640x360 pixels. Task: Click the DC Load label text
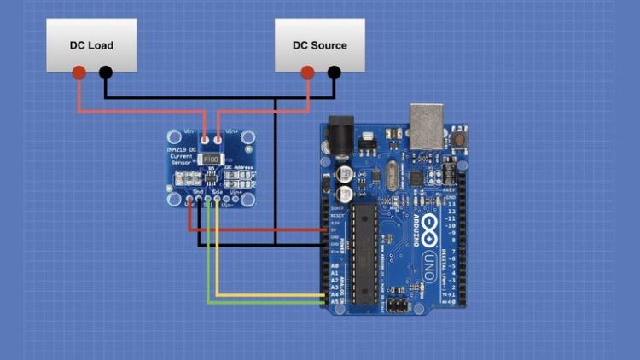[91, 45]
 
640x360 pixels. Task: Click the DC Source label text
[320, 45]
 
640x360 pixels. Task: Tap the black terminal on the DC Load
[105, 73]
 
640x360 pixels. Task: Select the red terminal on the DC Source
[308, 73]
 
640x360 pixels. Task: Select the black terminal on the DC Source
[334, 73]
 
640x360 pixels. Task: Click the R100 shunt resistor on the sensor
[212, 159]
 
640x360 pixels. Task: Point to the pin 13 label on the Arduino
[451, 205]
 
